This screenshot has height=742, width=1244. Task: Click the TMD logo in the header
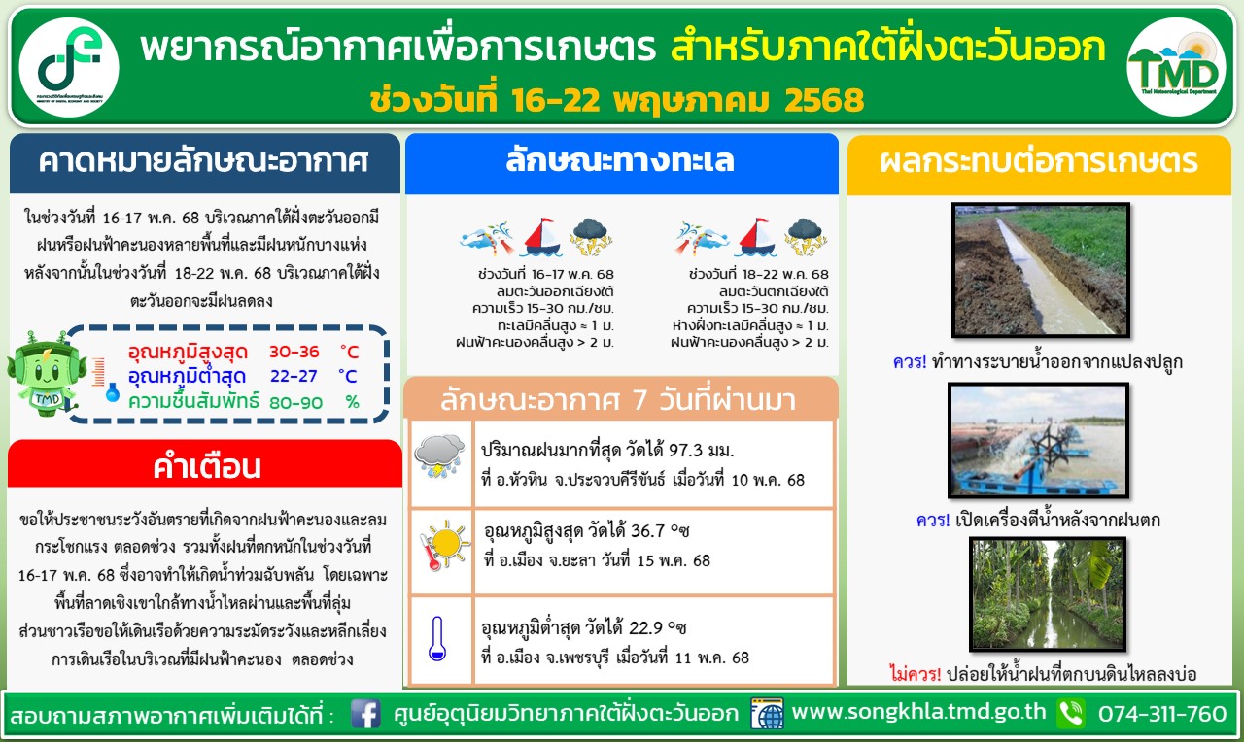pos(1176,67)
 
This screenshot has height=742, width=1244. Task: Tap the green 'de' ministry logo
pos(69,67)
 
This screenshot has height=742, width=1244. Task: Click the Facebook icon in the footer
pos(365,714)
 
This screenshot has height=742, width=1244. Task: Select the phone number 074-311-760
pos(1161,714)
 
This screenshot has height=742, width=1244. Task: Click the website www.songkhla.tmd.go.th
pos(918,712)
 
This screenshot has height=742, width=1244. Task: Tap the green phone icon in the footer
pos(1071,714)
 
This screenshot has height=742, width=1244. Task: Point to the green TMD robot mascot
pos(47,373)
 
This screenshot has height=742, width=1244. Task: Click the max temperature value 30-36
pos(294,352)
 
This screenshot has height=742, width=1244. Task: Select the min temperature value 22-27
pos(294,376)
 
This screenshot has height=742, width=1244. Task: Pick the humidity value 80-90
pos(295,402)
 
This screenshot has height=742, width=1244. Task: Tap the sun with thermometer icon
pos(444,545)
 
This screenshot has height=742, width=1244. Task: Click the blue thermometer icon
pos(437,638)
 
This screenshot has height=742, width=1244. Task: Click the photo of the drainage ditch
pos(1041,270)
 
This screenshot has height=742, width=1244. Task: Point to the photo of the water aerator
pos(1039,440)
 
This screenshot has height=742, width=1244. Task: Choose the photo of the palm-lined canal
pos(1048,594)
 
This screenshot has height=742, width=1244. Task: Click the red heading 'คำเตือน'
pos(207,467)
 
